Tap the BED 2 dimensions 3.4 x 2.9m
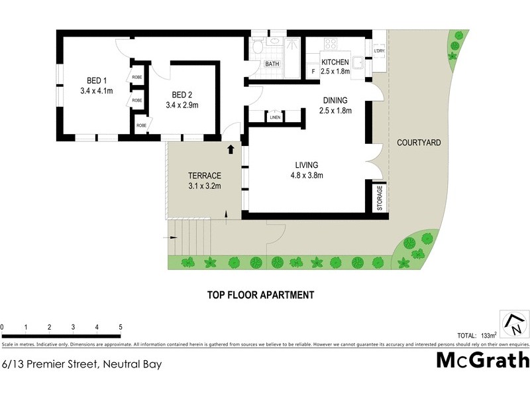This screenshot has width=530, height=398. (x=182, y=105)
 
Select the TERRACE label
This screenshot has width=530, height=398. (x=204, y=175)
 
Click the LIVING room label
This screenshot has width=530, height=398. (x=307, y=165)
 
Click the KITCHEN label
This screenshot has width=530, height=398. (x=335, y=62)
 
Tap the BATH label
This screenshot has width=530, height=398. (x=272, y=64)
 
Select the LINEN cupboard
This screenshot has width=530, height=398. (x=275, y=117)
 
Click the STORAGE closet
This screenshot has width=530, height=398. (x=380, y=198)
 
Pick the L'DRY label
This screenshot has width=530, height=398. (x=379, y=51)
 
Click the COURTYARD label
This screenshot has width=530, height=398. (x=419, y=143)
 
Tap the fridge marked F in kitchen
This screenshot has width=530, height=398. (x=313, y=72)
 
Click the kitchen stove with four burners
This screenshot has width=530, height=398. (x=330, y=44)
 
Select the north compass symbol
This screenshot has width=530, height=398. (x=515, y=324)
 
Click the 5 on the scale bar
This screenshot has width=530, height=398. (x=120, y=327)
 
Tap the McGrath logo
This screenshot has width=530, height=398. (x=483, y=360)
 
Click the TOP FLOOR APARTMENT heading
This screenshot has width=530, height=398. (x=260, y=295)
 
